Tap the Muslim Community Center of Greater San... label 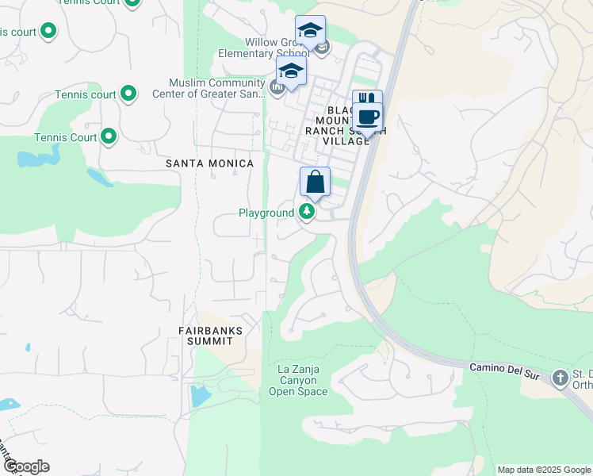[x=215, y=89]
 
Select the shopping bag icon [x=315, y=182]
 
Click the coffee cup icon [x=366, y=117]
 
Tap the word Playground [x=266, y=213]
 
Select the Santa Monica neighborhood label [x=209, y=163]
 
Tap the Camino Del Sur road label [x=503, y=367]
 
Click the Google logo [x=26, y=466]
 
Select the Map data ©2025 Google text [x=544, y=470]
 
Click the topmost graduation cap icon [x=309, y=31]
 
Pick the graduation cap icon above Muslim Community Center [x=291, y=71]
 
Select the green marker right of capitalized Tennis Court [x=109, y=137]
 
